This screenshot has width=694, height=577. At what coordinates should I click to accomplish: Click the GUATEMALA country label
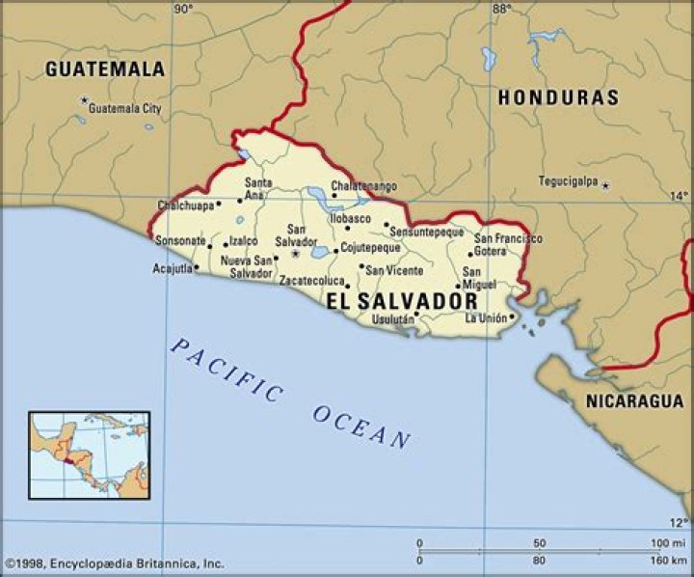pyautogui.click(x=105, y=69)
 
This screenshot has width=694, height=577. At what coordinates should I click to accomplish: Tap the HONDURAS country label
pyautogui.click(x=558, y=97)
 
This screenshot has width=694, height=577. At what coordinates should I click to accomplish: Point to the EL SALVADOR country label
pyautogui.click(x=401, y=301)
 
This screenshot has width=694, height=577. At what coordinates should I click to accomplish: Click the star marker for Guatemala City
pyautogui.click(x=85, y=100)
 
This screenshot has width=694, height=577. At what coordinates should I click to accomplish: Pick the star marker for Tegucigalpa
pyautogui.click(x=605, y=184)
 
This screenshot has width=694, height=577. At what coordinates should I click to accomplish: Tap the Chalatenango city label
pyautogui.click(x=364, y=185)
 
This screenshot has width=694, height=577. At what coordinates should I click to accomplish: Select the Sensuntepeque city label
pyautogui.click(x=427, y=233)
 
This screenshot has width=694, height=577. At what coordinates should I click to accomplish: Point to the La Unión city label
pyautogui.click(x=486, y=318)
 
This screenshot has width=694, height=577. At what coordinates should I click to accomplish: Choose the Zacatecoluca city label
pyautogui.click(x=312, y=281)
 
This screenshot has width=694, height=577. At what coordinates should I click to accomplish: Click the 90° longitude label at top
pyautogui.click(x=183, y=9)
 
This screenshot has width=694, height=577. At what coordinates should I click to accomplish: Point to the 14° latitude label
pyautogui.click(x=680, y=196)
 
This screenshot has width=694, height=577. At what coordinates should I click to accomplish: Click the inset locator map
pyautogui.click(x=89, y=454)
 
